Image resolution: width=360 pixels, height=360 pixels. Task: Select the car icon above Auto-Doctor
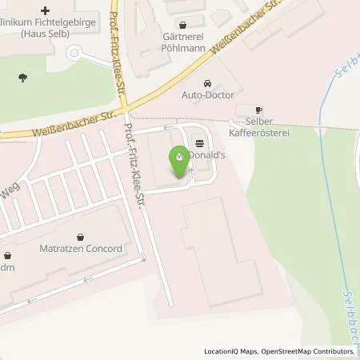208,84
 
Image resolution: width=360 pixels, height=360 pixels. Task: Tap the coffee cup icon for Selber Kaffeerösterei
258,110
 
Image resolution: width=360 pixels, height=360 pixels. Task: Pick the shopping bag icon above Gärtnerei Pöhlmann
185,24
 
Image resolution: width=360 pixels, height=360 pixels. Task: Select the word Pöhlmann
186,47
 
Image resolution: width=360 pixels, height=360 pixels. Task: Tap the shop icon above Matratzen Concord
81,236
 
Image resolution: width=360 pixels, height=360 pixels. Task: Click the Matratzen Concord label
81,249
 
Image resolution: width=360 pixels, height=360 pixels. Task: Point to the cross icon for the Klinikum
45,11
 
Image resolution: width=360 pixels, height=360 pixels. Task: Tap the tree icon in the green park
22,78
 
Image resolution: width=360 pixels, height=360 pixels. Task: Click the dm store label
6,269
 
